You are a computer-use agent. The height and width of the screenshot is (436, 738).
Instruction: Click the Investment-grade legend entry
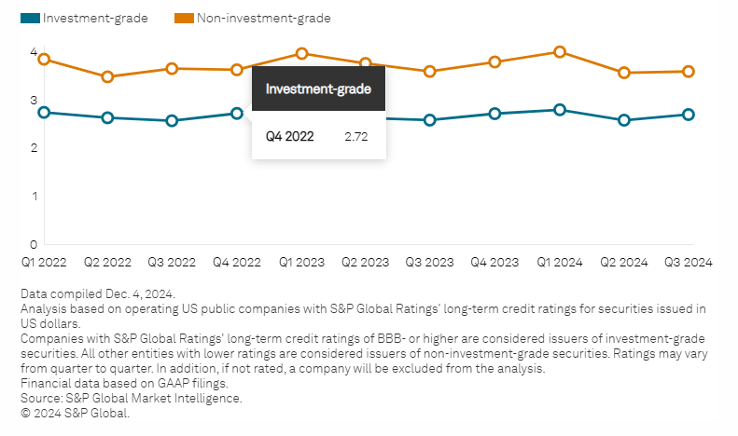point(85,18)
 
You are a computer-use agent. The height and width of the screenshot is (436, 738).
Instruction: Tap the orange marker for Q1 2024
point(560,52)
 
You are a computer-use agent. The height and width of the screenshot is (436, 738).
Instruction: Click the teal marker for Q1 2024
point(560,110)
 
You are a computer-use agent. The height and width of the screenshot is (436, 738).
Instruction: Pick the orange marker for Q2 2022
point(107,76)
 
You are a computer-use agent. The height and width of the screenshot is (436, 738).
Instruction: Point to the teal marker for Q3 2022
point(172,120)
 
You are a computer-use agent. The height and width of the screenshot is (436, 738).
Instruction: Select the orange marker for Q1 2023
point(301,53)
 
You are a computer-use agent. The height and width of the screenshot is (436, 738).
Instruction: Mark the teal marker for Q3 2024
point(689,115)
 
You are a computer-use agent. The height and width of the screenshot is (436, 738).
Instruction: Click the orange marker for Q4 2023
point(494,61)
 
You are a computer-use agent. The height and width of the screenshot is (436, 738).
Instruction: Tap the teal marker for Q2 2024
point(624,120)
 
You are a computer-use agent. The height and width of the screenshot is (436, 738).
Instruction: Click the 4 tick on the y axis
point(33,52)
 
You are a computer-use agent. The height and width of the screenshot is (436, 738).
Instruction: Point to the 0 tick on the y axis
point(33,244)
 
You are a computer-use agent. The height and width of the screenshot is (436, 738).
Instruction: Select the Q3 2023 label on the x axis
point(430,263)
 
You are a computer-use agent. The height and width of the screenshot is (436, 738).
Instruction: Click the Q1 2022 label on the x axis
point(43,263)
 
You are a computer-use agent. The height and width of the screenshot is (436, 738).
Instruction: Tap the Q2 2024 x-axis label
point(624,263)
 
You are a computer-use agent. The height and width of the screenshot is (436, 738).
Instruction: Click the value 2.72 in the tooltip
point(356,136)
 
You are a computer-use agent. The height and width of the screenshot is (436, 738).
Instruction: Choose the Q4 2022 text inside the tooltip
point(289,136)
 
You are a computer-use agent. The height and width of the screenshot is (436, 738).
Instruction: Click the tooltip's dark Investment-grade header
point(318,89)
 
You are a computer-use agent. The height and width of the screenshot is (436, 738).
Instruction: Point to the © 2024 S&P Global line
point(74,412)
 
